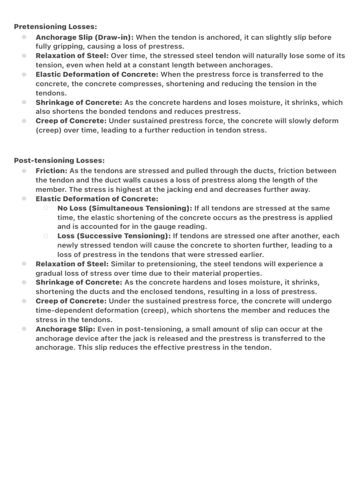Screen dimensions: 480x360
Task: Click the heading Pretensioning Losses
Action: click(55, 27)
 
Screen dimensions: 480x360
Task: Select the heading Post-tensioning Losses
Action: click(59, 160)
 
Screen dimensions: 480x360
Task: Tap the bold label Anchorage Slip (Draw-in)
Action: click(85, 37)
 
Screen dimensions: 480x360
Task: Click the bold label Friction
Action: click(51, 171)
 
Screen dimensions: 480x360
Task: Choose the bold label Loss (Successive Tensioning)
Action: click(114, 236)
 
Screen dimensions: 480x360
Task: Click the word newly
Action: click(69, 245)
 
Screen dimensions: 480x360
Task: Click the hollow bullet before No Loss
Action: click(46, 208)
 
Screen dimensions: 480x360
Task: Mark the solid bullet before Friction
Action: click(24, 171)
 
